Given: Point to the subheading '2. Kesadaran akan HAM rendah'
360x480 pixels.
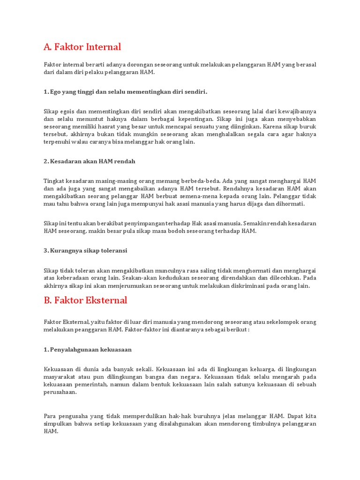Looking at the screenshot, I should pos(89,161).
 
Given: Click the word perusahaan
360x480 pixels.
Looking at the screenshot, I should pos(60,392).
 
